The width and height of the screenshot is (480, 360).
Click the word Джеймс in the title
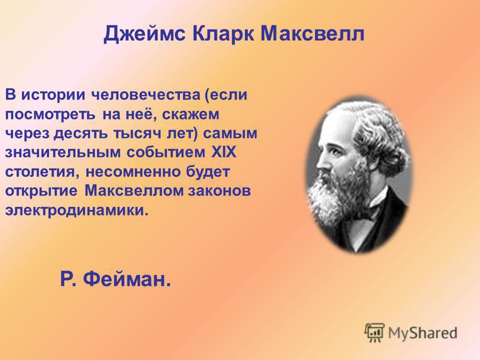(145, 34)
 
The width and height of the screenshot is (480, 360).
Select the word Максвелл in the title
(313, 33)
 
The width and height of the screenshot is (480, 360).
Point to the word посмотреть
(50, 115)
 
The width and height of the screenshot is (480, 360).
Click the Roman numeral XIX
(224, 152)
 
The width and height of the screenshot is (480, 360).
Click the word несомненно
(133, 172)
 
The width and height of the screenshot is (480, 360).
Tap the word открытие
(41, 191)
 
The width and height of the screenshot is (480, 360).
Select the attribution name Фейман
(127, 279)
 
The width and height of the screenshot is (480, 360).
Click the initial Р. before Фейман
(68, 279)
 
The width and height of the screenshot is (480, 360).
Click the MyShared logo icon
(374, 332)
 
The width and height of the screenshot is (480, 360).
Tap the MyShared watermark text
(423, 332)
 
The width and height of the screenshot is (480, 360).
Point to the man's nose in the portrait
(320, 161)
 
